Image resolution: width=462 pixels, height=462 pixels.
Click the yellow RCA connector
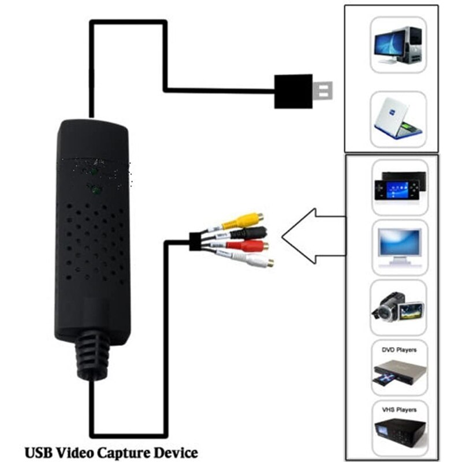coord(252,219)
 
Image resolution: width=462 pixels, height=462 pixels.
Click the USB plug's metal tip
coord(325,91)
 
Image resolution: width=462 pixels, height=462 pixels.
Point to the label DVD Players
coord(398,350)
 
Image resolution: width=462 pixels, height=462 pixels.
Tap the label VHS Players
coord(398,409)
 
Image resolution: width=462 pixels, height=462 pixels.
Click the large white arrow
coord(312,235)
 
